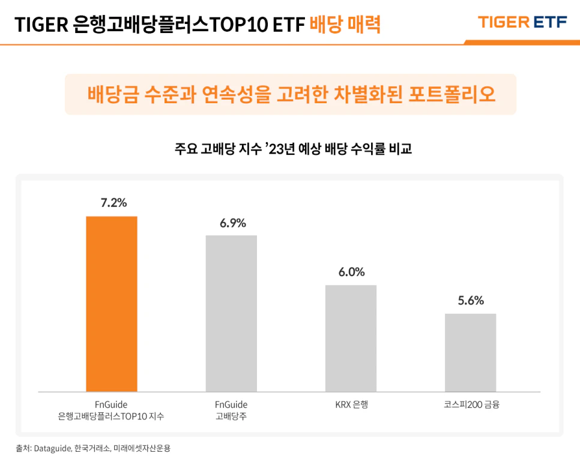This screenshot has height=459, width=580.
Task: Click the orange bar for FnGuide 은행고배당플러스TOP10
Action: coord(112,304)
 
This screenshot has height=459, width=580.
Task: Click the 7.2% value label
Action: coord(113,203)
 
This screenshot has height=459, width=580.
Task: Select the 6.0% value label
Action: coord(351,272)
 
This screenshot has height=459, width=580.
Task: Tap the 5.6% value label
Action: coord(471,301)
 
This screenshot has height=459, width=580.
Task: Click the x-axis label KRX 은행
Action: coord(351,404)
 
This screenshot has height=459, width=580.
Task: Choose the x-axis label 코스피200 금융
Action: coord(471,404)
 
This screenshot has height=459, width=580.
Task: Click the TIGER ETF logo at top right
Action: coord(522,22)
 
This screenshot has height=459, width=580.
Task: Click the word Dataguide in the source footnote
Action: coord(53,448)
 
